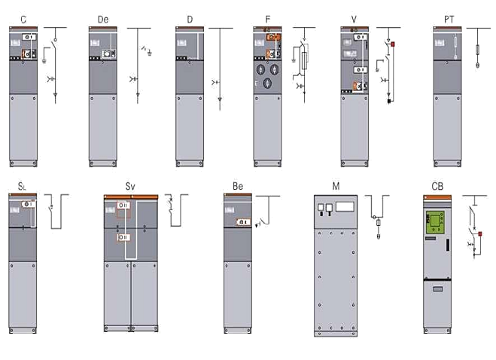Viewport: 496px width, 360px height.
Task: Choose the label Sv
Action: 130,185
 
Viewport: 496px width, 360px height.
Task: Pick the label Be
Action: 238,185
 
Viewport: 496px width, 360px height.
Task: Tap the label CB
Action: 437,185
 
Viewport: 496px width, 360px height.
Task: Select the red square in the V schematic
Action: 392,43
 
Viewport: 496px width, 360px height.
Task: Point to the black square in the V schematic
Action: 388,99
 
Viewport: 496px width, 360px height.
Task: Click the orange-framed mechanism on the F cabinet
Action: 272,36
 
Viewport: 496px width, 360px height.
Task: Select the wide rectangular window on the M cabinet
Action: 345,206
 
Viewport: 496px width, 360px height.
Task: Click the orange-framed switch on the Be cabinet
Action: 243,221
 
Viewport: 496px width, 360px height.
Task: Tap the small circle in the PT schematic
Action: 479,66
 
